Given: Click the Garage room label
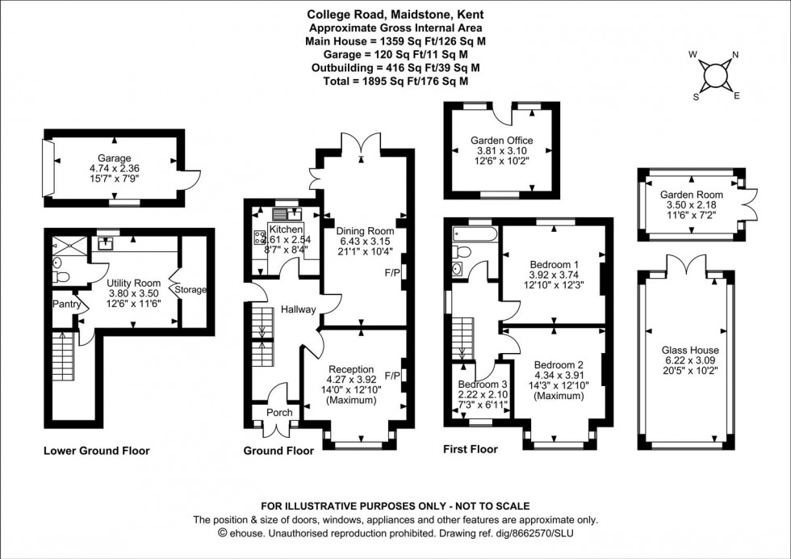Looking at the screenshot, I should click(114, 158).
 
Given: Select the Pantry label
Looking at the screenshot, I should click(67, 305).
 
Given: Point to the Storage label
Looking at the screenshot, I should click(191, 289).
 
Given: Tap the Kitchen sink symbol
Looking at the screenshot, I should click(287, 214).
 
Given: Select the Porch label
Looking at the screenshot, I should click(279, 413).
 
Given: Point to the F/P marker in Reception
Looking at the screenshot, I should click(393, 376).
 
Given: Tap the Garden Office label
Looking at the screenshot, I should click(501, 140).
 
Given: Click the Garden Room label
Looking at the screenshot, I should click(692, 195).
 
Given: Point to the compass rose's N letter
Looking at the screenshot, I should click(734, 56).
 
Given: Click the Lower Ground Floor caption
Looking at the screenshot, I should click(96, 451).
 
